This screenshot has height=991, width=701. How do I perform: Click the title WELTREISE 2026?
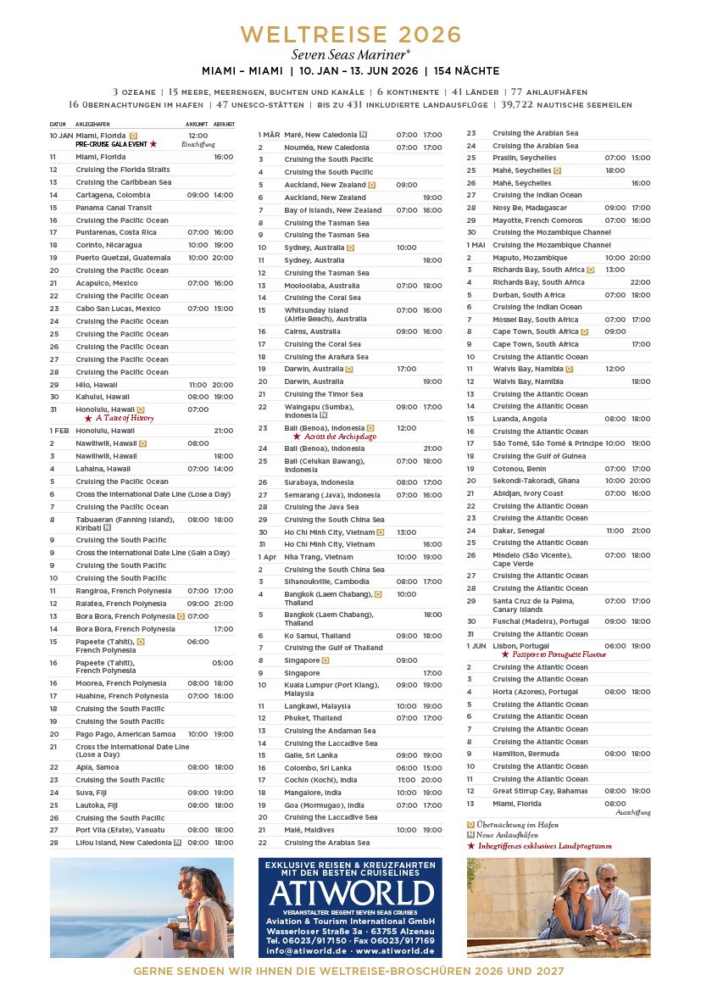pos(351,35)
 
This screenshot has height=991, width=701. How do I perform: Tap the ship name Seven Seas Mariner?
pos(350,53)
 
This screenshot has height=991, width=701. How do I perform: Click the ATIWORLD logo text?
pos(350,893)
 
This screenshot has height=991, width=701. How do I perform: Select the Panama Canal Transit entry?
pos(114,208)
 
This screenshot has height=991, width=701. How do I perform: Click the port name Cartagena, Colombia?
pos(113,195)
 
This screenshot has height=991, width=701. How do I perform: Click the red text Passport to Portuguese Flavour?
pos(553,654)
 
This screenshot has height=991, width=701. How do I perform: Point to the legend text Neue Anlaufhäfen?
pos(509,834)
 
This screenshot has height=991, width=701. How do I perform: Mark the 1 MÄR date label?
pos(270,135)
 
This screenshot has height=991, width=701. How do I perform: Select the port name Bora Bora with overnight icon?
pos(125,616)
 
